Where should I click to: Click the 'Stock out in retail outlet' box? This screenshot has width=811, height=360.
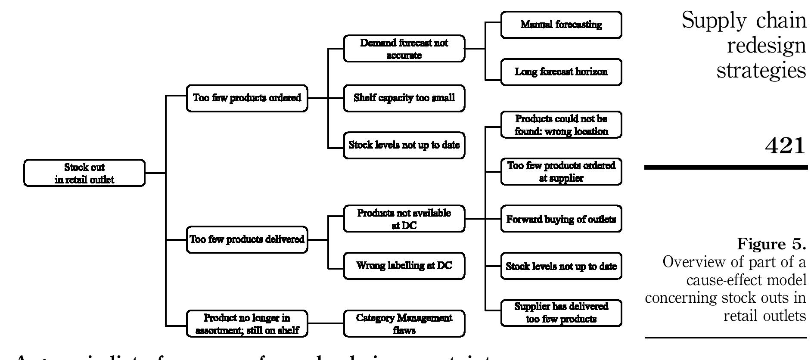84,173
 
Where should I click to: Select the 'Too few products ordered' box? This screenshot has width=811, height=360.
247,98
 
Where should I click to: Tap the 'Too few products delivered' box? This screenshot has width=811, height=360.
247,239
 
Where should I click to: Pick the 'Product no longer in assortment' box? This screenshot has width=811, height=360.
247,324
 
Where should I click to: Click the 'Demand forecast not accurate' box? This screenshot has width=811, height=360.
404,49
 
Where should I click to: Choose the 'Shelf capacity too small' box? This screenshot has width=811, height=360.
404,98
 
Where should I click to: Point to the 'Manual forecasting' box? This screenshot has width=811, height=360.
561,25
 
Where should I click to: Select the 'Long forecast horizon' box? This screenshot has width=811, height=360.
561,72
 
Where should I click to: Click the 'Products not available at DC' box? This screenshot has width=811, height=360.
404,219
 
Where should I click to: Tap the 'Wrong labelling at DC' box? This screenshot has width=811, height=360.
404,266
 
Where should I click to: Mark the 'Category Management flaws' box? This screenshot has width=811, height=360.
404,324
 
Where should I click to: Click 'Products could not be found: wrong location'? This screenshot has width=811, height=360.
561,125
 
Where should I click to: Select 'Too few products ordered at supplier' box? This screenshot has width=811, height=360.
561,172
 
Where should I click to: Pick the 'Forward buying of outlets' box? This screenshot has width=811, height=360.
561,219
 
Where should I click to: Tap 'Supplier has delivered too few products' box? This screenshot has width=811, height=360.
561,313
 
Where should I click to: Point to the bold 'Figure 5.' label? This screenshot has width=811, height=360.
771,244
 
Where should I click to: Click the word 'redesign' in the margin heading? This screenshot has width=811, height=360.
766,46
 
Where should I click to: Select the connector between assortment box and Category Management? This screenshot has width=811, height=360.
326,323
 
